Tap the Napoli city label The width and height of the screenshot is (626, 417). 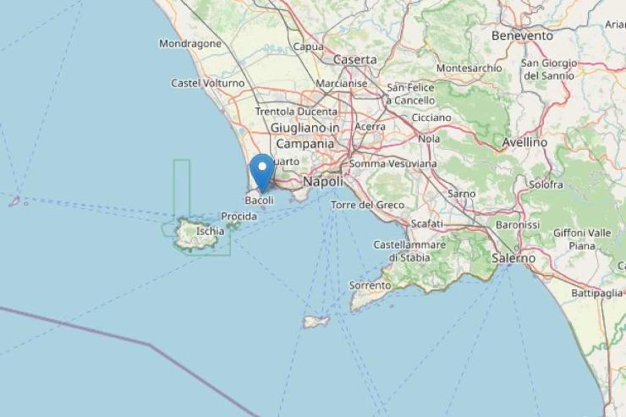(323, 182)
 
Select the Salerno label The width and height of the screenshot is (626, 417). (513, 257)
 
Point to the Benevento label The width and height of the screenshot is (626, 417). (522, 36)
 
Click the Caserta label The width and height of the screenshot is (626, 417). (354, 60)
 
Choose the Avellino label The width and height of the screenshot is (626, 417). (524, 142)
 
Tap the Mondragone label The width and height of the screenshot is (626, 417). (190, 43)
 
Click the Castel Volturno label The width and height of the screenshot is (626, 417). (207, 83)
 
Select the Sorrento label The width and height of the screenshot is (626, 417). (371, 286)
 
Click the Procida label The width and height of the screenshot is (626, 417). (239, 217)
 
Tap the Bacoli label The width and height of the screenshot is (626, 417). (259, 200)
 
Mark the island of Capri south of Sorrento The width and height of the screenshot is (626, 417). (316, 321)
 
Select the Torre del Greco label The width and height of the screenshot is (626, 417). (367, 206)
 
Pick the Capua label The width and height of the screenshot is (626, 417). (307, 47)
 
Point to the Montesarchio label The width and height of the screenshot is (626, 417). (469, 68)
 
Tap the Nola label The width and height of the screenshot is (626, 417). (429, 138)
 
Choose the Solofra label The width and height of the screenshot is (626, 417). (546, 184)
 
